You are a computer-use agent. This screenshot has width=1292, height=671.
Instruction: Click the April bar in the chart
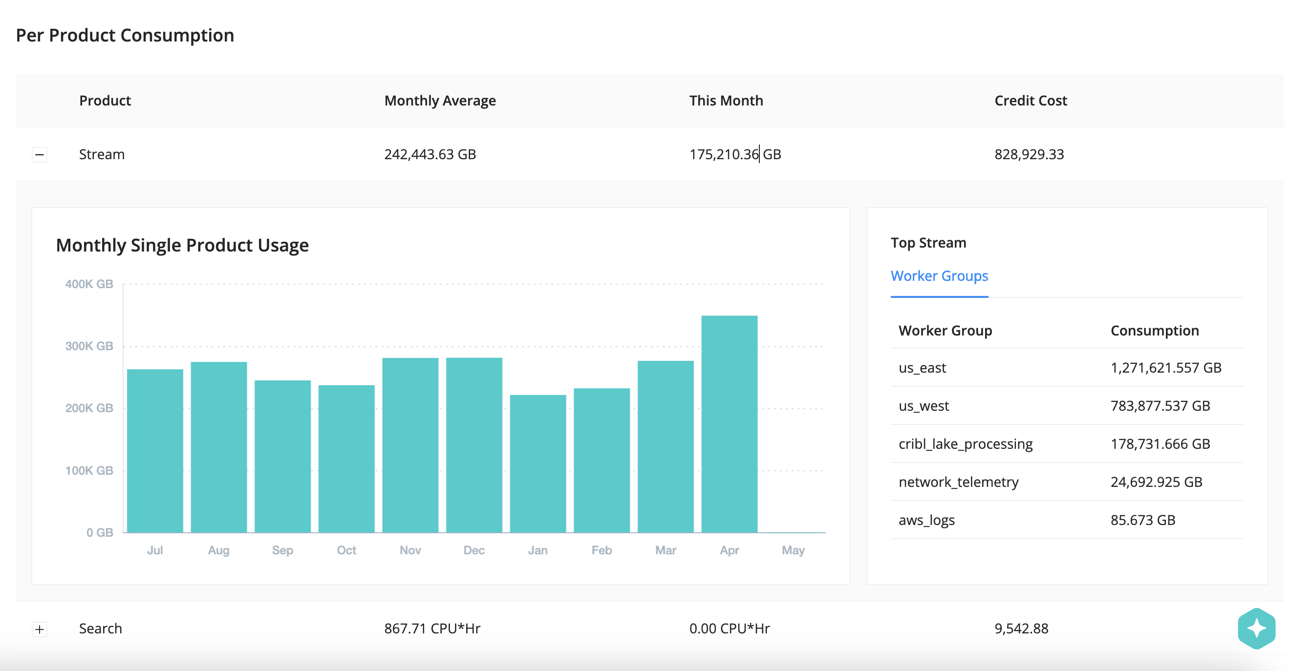729,424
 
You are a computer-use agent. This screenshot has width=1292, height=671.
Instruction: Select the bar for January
538,463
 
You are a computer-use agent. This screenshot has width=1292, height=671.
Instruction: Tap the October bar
346,459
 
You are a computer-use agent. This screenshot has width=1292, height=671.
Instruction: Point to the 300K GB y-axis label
89,346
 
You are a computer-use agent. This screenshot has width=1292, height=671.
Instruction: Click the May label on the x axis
793,550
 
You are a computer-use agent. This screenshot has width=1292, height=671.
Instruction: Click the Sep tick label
282,550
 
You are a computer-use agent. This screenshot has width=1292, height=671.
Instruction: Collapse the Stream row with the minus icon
40,155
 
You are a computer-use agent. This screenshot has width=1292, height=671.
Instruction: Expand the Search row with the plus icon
40,629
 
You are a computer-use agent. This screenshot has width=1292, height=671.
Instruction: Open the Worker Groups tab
939,276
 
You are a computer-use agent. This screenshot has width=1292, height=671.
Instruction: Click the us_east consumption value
1165,368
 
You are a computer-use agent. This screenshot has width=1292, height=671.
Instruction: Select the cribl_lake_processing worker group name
966,444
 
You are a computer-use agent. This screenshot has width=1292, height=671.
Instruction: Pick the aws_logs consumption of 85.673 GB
1142,520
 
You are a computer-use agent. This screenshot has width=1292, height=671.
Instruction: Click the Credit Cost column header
1030,101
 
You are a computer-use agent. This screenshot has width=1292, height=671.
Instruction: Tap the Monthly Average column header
440,101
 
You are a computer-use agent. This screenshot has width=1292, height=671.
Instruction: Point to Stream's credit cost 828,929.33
1029,154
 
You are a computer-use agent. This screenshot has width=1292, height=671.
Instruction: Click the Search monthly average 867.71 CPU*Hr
432,629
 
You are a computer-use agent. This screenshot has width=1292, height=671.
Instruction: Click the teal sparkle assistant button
1256,629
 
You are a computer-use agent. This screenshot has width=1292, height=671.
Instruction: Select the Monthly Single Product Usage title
182,246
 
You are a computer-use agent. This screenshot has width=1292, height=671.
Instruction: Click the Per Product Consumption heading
125,36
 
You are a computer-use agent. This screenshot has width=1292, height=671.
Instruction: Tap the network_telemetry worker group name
958,482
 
